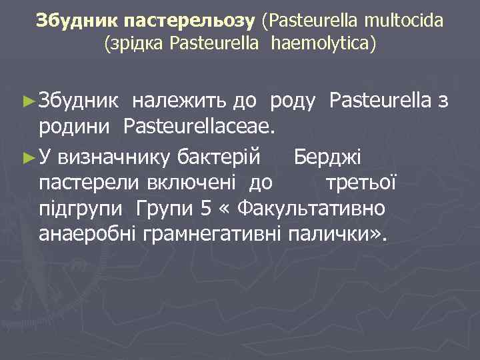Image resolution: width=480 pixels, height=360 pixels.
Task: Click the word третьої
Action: tap(361, 182)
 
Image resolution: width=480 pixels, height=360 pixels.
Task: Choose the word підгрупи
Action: tap(81, 209)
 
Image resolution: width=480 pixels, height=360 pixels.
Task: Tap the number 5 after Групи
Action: tap(206, 207)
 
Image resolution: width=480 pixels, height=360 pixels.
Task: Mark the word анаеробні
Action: tap(81, 233)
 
